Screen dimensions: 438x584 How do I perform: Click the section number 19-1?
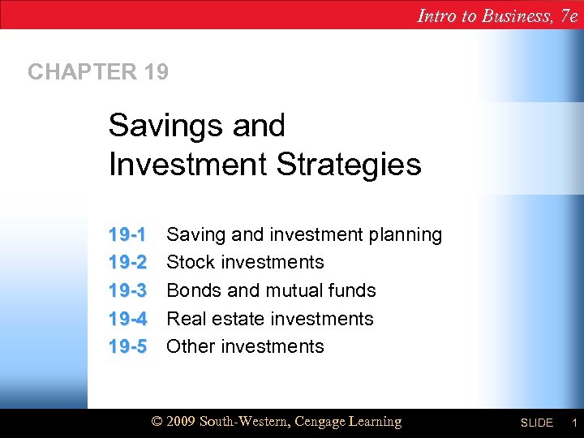point(127,235)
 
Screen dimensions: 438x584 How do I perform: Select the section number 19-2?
point(127,263)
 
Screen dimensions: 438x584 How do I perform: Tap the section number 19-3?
point(127,290)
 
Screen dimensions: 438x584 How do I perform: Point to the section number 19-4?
point(127,319)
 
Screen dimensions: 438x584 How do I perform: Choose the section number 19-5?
point(127,346)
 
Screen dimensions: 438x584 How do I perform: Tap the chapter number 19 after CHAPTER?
point(157,72)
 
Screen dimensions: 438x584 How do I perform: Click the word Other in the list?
point(190,346)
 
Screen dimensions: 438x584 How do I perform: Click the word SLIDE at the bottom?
point(536,423)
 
